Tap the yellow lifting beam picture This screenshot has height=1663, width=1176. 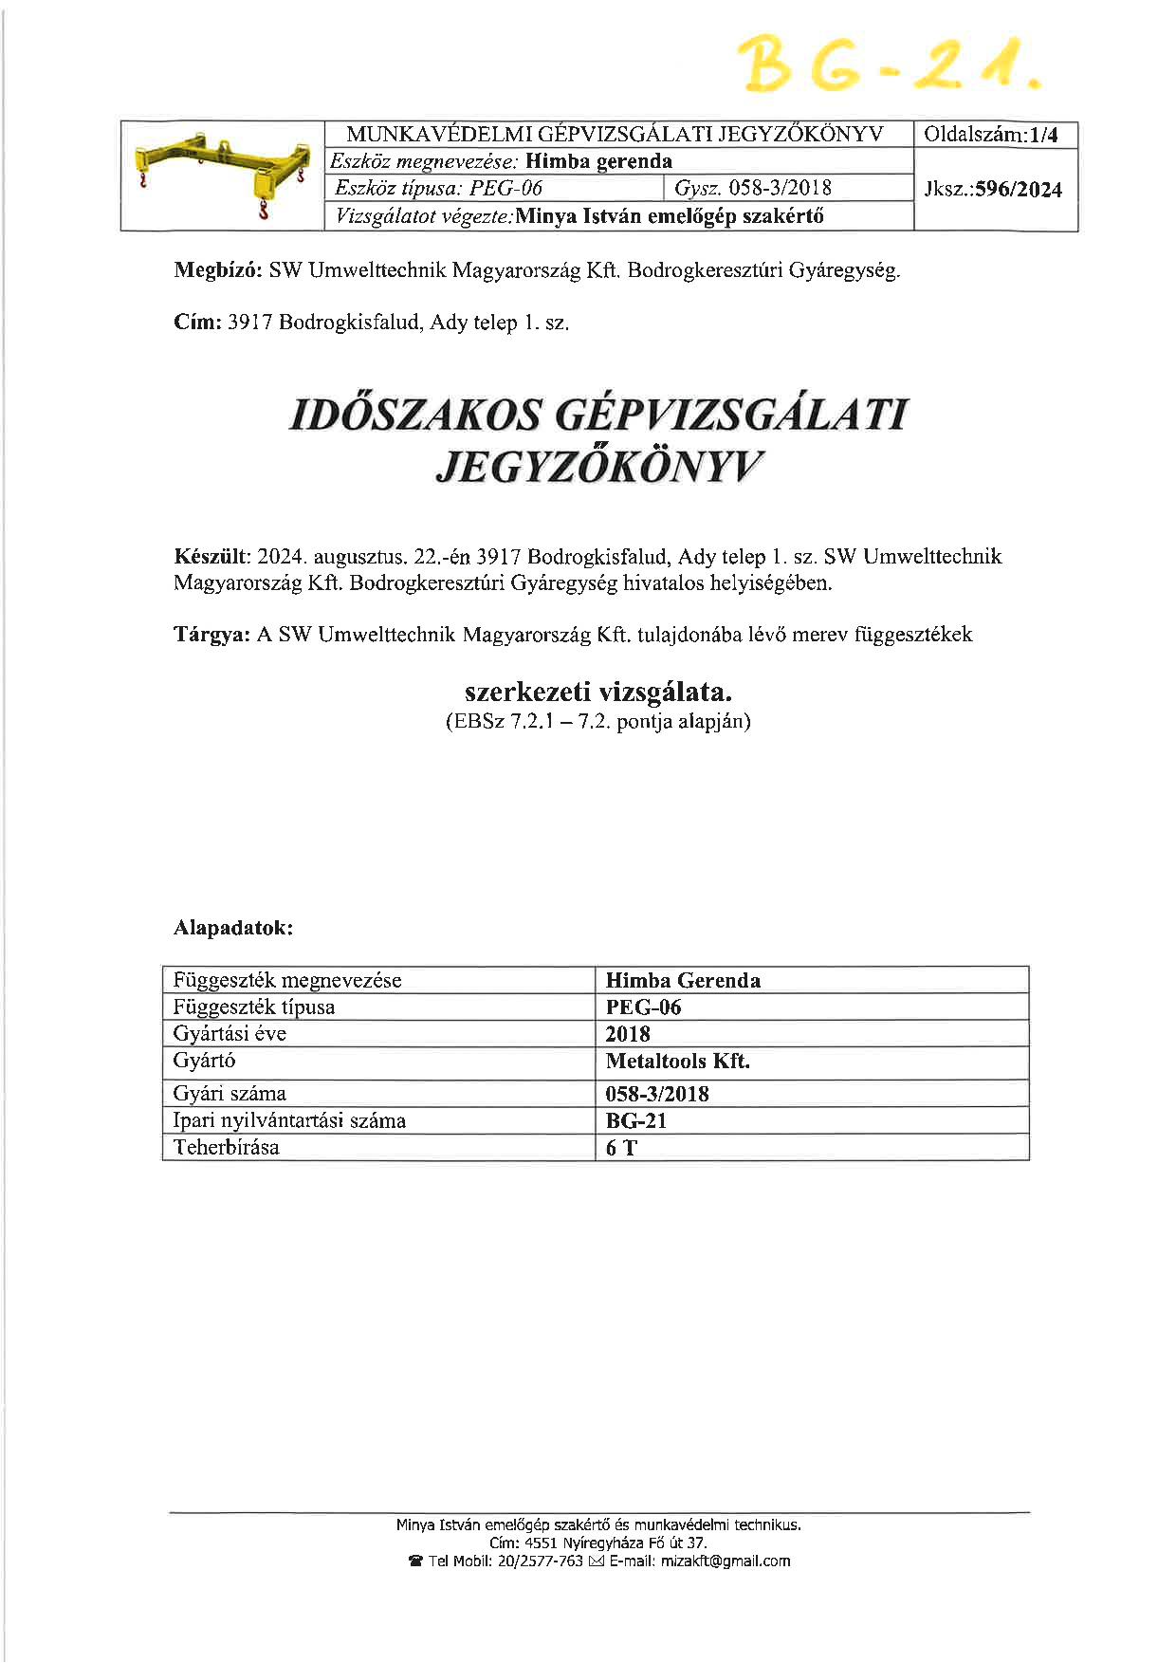pos(222,176)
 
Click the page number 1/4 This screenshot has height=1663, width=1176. pos(1043,136)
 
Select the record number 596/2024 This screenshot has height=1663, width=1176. pos(1019,190)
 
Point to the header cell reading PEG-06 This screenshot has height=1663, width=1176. pos(506,189)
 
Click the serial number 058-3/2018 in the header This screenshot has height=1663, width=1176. pos(780,189)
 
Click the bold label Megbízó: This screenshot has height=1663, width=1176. pos(218,270)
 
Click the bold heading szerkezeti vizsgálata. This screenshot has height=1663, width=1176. pos(598,692)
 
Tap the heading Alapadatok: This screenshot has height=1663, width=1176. pos(233,928)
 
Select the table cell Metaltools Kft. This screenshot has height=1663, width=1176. pos(677,1062)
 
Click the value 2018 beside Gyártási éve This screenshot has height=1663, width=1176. pos(628,1034)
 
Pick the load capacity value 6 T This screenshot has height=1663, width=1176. pos(621,1148)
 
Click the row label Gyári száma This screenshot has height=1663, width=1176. pos(230,1094)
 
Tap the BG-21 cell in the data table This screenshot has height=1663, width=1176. pos(635,1120)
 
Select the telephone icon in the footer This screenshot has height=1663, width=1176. pos(414,1561)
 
